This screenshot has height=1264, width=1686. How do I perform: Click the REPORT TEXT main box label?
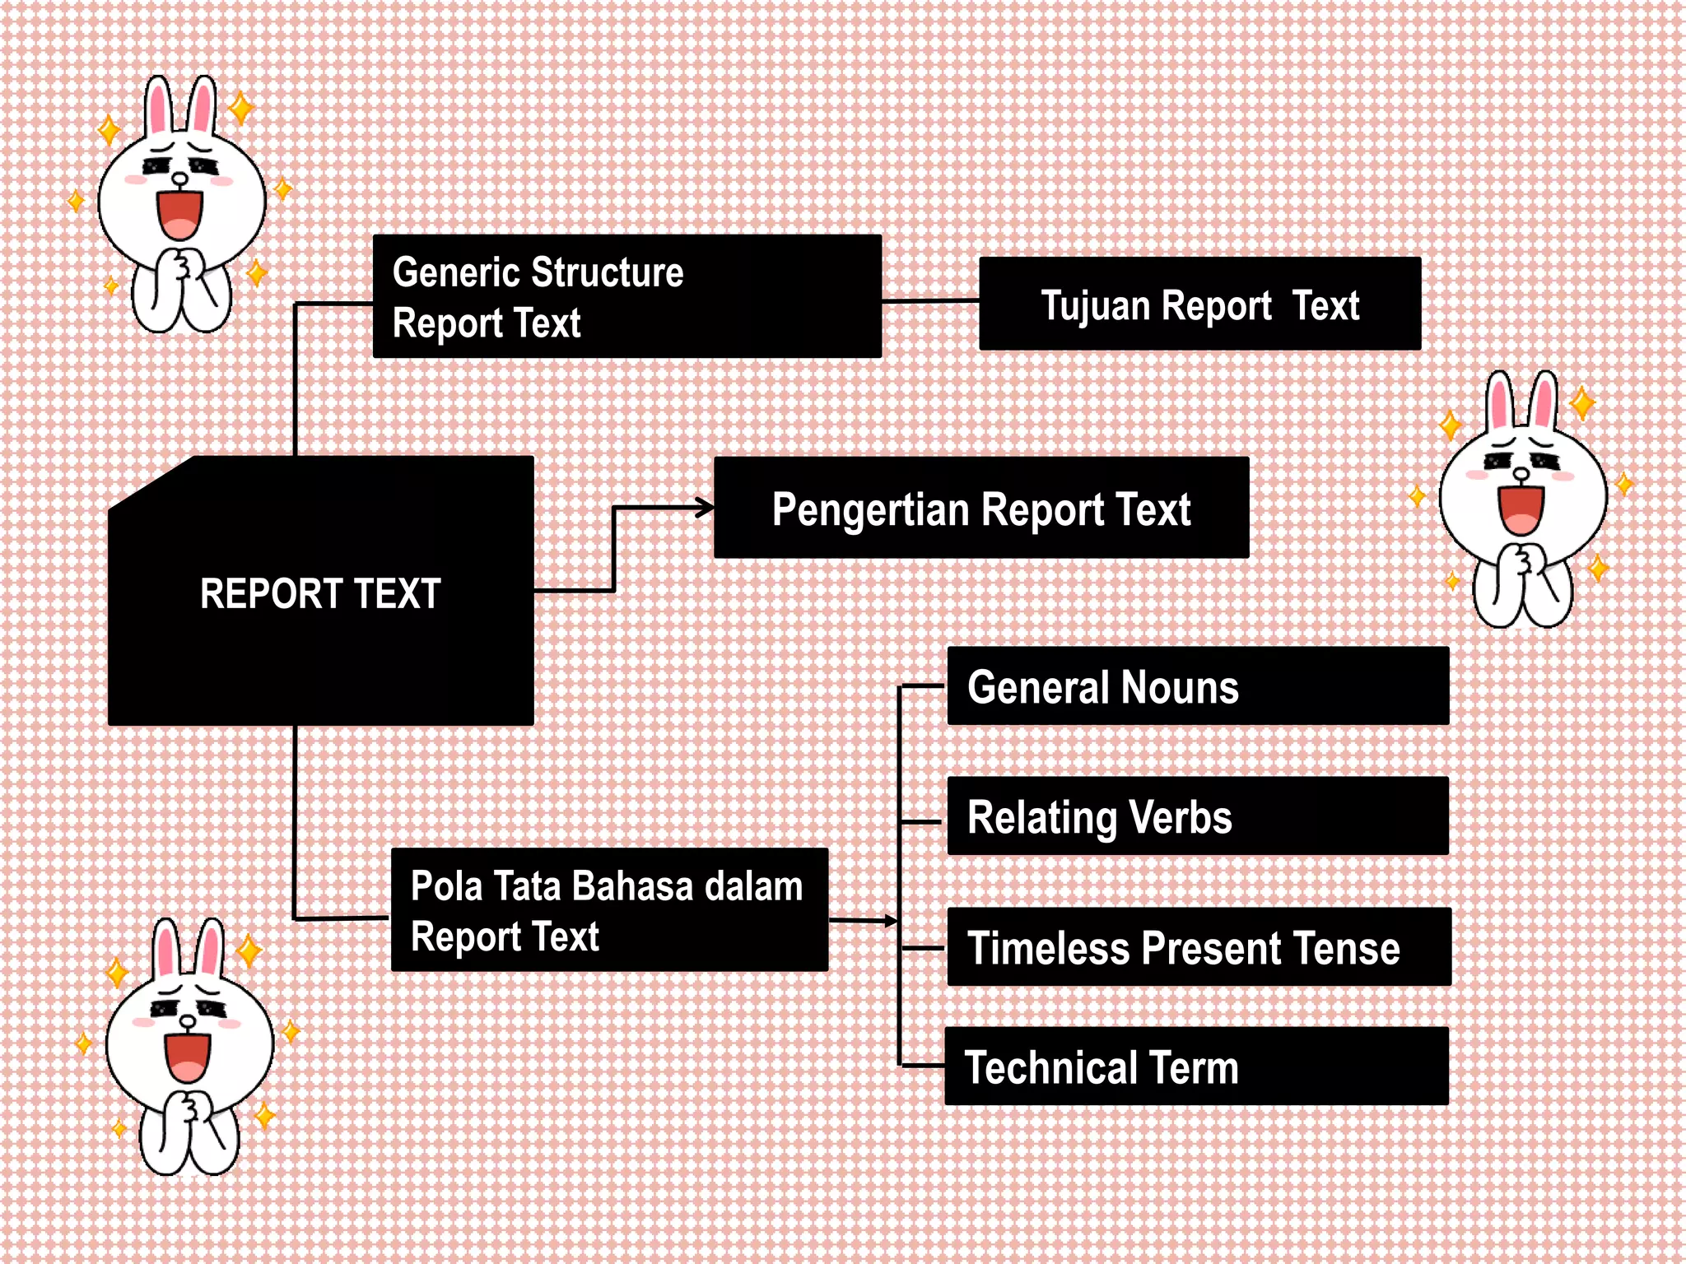point(320,593)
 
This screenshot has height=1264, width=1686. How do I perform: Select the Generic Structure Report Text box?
point(626,296)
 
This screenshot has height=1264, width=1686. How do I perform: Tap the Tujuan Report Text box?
point(1199,304)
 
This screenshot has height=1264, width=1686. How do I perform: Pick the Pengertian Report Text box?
point(980,509)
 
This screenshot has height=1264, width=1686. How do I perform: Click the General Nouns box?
point(1198,686)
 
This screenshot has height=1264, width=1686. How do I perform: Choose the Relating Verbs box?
point(1198,816)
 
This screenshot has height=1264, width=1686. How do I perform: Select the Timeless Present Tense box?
point(1199,947)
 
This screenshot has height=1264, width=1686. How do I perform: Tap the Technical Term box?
point(1196,1066)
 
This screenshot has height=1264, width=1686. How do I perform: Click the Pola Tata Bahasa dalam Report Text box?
point(609,910)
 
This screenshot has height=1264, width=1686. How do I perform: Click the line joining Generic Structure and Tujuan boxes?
point(930,301)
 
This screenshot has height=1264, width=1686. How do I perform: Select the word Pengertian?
point(870,509)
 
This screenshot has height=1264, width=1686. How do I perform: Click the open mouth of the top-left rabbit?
point(179,214)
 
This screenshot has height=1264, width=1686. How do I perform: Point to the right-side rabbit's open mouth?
point(1521,509)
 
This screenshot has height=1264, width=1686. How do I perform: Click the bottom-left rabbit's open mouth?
point(188,1057)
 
